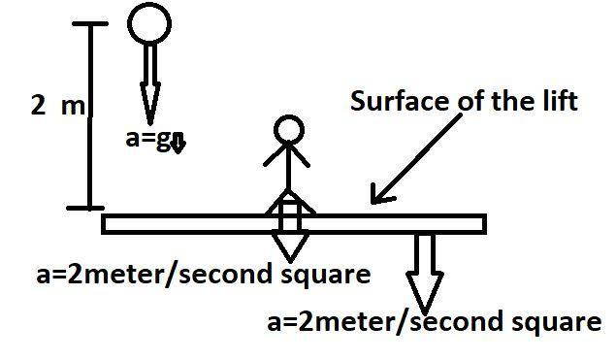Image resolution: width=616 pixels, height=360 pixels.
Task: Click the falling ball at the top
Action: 149,24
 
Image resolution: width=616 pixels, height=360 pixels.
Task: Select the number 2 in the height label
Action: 39,107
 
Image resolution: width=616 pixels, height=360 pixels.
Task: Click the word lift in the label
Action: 558,102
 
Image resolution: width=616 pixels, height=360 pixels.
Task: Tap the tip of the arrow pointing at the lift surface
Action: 372,203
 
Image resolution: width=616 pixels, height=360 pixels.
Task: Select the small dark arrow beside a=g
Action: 178,144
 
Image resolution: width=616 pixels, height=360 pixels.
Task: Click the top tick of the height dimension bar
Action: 90,23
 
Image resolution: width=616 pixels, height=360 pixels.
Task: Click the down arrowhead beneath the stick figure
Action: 288,246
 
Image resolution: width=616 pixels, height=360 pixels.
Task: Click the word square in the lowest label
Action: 552,321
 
